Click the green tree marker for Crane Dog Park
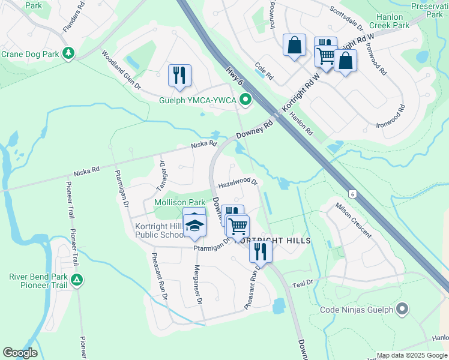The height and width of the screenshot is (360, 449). coord(69,54)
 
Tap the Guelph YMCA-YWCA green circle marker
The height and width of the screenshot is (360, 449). coord(245,100)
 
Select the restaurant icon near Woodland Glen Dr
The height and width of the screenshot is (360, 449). coord(179,75)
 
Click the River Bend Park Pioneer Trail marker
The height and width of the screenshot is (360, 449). coord(77,280)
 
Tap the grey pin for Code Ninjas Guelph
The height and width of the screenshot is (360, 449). coord(402,310)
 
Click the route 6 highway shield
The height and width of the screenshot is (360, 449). coord(353,194)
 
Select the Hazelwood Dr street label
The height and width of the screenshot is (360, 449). coord(238,181)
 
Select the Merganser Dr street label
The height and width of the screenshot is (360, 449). coord(196,282)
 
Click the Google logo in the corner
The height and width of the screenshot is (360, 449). coord(20,352)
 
